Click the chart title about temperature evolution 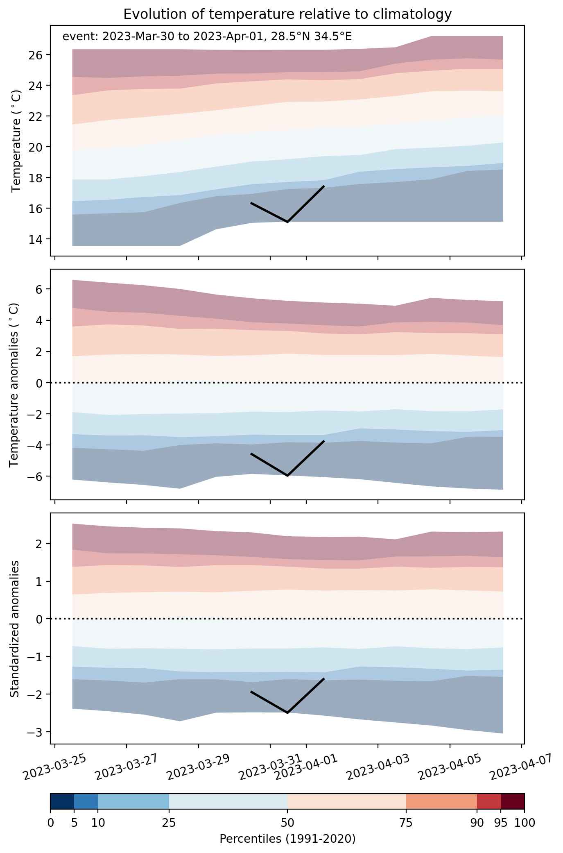click(287, 14)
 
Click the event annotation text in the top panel click(207, 37)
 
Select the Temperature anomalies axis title click(14, 385)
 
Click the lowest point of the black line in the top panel click(287, 222)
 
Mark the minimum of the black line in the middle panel click(287, 476)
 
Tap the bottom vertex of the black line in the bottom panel click(287, 713)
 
